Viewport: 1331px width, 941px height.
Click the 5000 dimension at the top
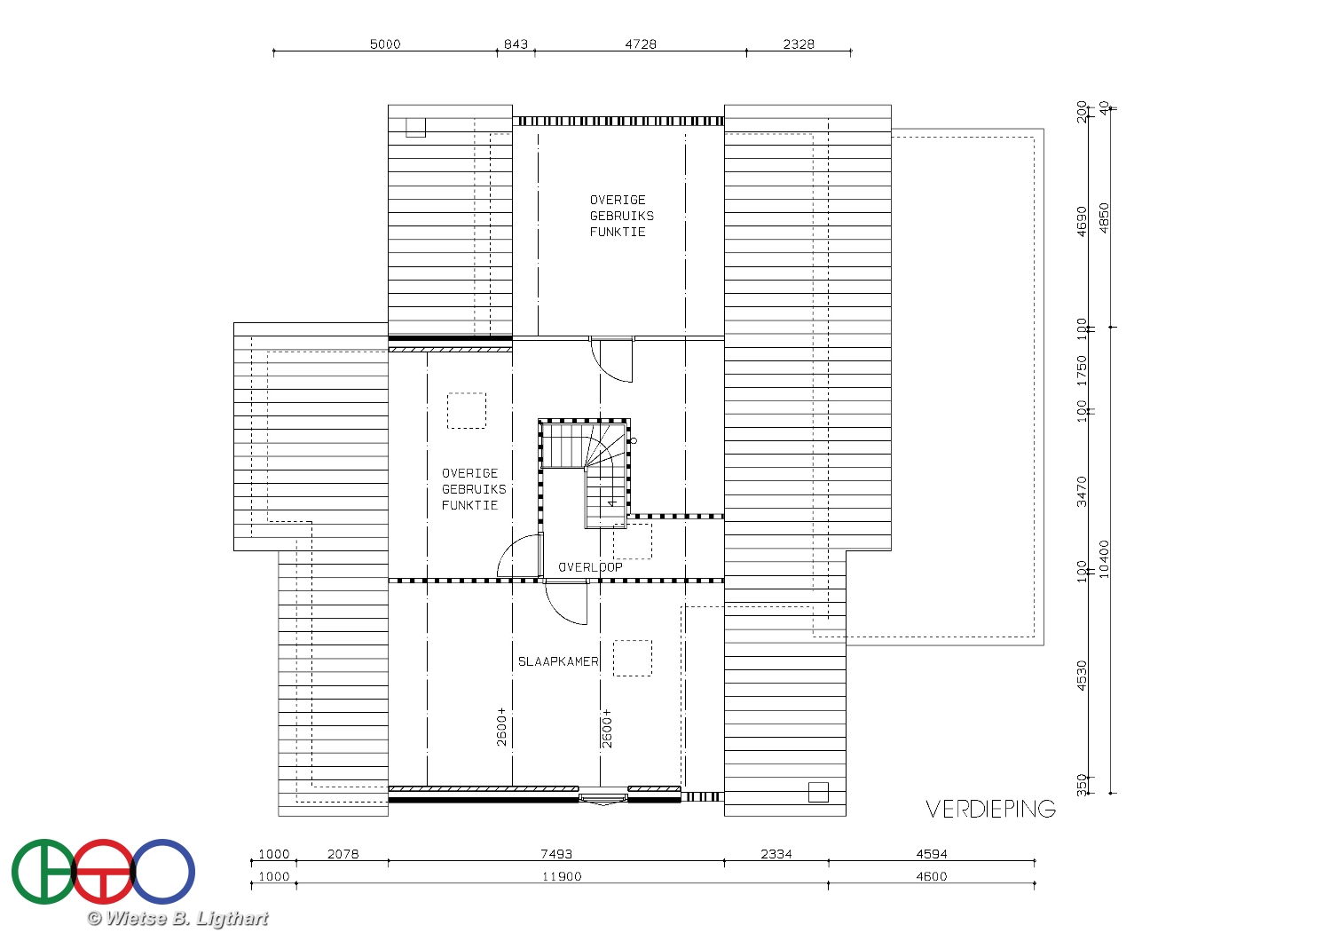[385, 44]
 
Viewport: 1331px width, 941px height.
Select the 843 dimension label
[516, 44]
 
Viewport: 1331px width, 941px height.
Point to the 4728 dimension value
[641, 44]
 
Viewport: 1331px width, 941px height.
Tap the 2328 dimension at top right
[799, 44]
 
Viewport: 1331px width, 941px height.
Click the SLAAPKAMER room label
[558, 661]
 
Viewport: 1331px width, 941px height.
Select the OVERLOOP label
[590, 567]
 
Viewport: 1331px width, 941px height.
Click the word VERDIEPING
[990, 809]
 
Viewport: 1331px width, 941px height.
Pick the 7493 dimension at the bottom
[556, 854]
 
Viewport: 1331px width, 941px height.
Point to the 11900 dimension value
[562, 876]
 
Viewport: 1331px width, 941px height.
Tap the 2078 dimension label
[343, 854]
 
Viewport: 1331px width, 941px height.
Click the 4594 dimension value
[932, 854]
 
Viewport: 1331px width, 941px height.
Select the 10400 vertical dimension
[1104, 558]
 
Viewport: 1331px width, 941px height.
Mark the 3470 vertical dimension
[1082, 492]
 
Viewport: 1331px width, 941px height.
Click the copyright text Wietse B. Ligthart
[177, 919]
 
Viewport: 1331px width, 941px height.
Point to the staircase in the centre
[585, 473]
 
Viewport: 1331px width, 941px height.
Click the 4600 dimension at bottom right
[932, 876]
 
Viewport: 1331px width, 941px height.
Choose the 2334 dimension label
[776, 854]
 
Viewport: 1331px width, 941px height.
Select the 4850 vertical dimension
[1104, 217]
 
